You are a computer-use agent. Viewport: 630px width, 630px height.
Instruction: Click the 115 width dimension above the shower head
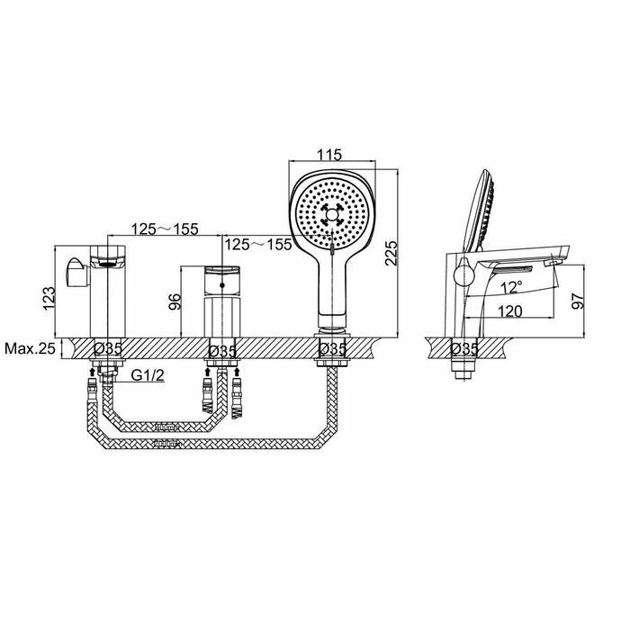coord(329,155)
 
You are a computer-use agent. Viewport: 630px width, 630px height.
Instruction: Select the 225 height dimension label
coord(391,253)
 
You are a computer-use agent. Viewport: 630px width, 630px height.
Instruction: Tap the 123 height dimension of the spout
coord(49,298)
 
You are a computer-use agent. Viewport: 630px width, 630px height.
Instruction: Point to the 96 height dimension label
coord(175,301)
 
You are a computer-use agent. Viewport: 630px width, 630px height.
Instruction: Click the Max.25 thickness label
coord(30,348)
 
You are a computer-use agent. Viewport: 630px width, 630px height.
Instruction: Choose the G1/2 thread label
coord(148,375)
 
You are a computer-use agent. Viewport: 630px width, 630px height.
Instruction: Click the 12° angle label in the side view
coord(511,287)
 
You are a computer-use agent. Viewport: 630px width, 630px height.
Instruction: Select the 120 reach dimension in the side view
coord(510,311)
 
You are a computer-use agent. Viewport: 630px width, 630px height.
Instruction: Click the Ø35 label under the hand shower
coord(333,349)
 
